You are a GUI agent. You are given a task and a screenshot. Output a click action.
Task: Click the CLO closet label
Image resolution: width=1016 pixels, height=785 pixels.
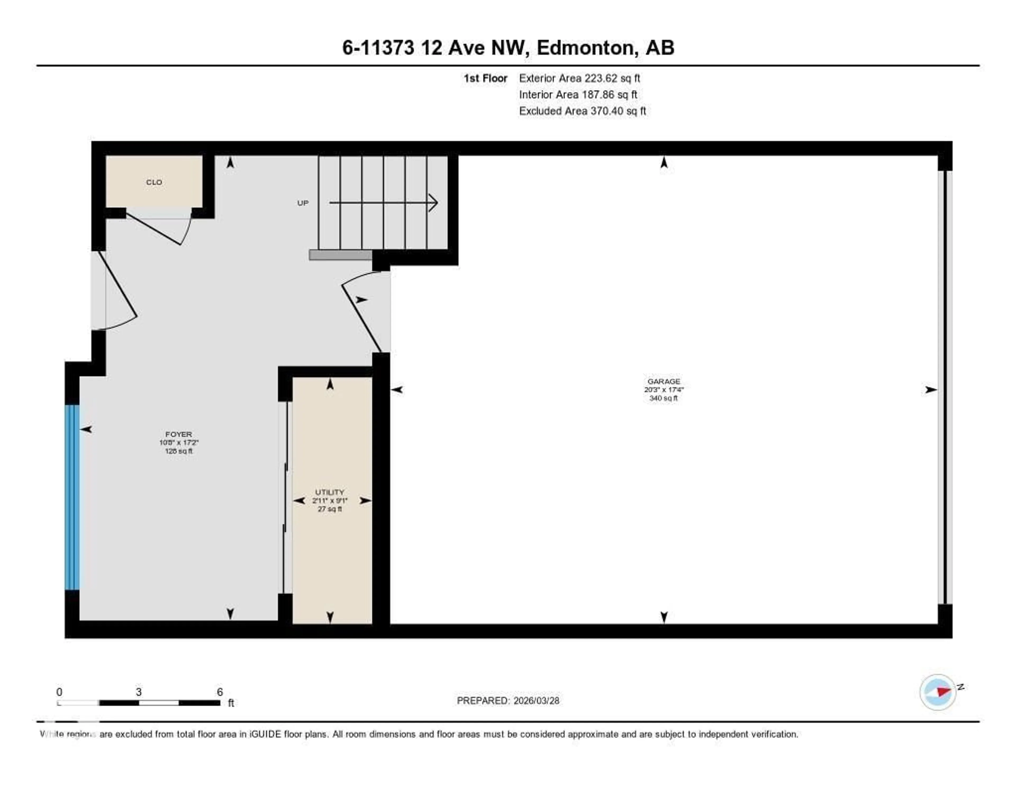pyautogui.click(x=154, y=182)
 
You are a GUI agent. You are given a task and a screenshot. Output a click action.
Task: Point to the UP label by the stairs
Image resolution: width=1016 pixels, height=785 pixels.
pyautogui.click(x=303, y=203)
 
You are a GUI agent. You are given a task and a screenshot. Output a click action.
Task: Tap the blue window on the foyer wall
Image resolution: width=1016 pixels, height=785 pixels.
pyautogui.click(x=72, y=497)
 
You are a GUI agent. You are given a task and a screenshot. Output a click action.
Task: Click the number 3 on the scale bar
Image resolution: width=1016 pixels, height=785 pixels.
pyautogui.click(x=139, y=692)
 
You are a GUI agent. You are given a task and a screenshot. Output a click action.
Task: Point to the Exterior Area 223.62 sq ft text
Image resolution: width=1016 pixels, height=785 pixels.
pyautogui.click(x=579, y=78)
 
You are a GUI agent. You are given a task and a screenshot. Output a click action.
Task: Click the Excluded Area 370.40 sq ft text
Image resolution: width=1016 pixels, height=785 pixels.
pyautogui.click(x=582, y=111)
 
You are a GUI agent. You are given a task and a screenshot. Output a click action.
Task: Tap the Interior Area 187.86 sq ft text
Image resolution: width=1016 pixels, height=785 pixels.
pyautogui.click(x=578, y=94)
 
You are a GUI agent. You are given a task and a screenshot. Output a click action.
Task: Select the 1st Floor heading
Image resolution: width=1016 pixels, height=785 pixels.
pyautogui.click(x=485, y=78)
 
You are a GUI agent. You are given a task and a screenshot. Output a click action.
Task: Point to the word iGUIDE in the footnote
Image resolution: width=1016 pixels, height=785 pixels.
pyautogui.click(x=265, y=734)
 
